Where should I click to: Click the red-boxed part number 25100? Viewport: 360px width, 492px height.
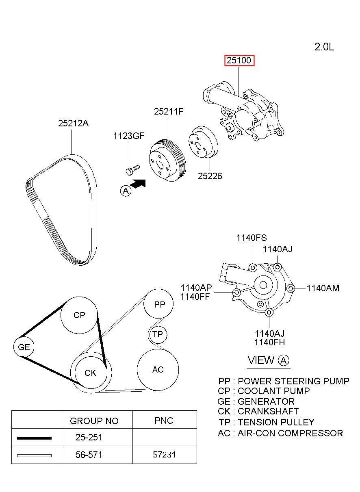[x=239, y=60]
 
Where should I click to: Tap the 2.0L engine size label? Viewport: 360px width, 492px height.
[x=324, y=47]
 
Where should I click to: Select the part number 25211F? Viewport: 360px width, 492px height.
[x=169, y=112]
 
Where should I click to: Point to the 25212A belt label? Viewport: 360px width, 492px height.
[x=73, y=123]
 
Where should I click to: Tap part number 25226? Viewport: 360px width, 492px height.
[x=210, y=176]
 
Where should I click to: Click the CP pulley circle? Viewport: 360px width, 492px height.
[x=79, y=315]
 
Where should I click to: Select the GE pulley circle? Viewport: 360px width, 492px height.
[x=24, y=347]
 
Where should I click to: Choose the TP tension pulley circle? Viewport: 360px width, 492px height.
[x=158, y=334]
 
